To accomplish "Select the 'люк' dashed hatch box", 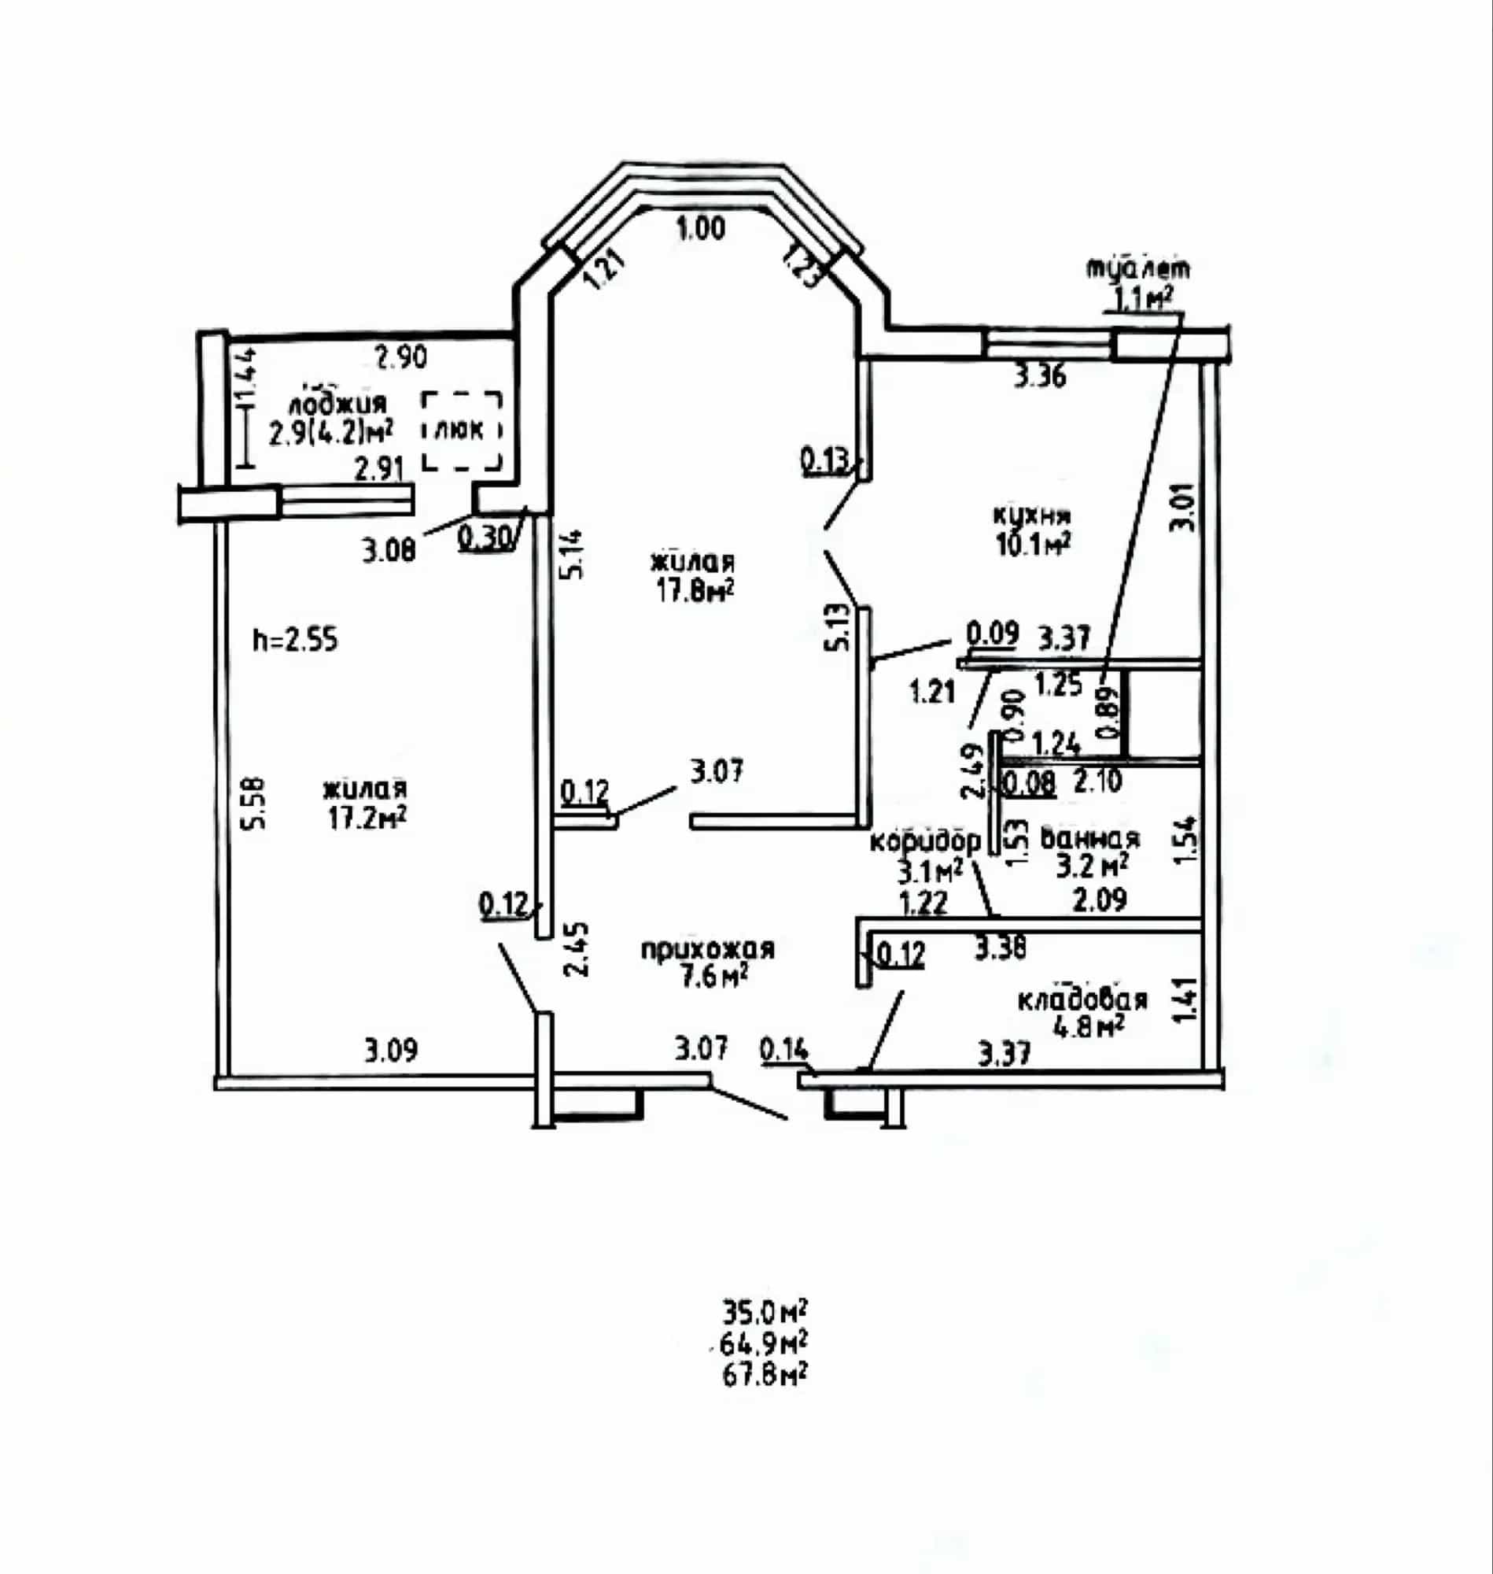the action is (462, 430).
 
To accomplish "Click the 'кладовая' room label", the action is (1083, 999).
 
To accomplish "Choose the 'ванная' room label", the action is (1090, 839).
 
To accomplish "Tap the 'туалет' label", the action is (1140, 268).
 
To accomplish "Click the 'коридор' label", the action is (926, 841).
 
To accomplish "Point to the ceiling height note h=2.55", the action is (295, 640).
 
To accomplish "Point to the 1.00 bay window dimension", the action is (701, 229).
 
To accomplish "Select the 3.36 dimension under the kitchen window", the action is (1039, 375).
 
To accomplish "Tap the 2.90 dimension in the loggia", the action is (402, 357).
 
